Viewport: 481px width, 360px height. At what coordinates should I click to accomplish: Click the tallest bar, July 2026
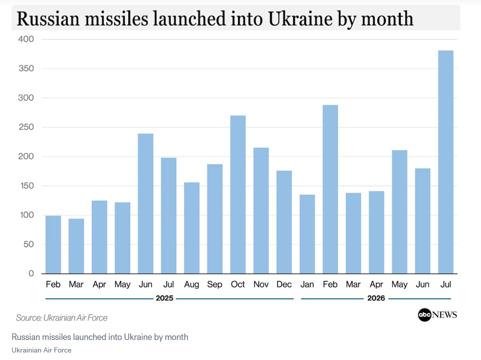click(445, 162)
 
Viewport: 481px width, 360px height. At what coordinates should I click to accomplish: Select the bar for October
click(237, 194)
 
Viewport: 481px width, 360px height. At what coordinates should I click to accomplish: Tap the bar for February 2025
click(53, 245)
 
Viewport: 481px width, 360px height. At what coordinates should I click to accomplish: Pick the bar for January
click(307, 234)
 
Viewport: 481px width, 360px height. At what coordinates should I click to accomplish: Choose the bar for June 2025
click(145, 204)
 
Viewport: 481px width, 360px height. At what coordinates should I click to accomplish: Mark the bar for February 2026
click(330, 189)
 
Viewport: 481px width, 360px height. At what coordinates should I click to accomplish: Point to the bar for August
click(192, 228)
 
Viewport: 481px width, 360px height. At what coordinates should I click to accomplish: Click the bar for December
click(284, 222)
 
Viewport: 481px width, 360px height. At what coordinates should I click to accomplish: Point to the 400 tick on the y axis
click(26, 39)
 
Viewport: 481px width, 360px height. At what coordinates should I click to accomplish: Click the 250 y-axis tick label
click(26, 127)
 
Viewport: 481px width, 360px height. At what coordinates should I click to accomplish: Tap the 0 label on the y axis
click(31, 273)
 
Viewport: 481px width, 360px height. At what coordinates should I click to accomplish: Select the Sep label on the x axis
click(214, 284)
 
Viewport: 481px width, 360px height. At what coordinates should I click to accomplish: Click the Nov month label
click(261, 284)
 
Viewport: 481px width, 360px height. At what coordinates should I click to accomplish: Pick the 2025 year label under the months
click(164, 298)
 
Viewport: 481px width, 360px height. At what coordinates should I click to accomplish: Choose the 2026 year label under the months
click(376, 298)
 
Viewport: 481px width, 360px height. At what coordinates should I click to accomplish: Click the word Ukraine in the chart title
click(300, 19)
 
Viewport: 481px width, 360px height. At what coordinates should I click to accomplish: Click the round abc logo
click(425, 315)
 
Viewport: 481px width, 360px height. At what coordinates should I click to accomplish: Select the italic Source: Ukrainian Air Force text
click(62, 317)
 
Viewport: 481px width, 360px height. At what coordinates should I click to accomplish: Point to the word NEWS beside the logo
click(444, 315)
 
